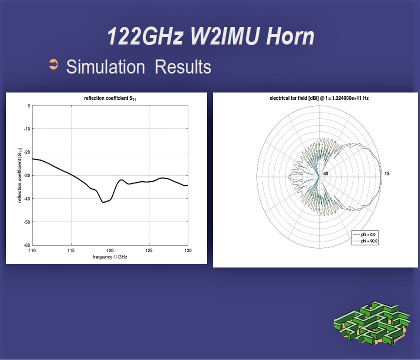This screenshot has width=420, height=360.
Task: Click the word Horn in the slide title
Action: click(290, 36)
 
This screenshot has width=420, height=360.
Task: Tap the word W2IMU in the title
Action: click(225, 36)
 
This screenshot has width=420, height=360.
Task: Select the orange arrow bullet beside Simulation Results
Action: click(53, 64)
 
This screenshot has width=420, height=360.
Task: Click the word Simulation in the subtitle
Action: click(105, 66)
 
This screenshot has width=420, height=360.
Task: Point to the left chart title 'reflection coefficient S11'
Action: click(110, 98)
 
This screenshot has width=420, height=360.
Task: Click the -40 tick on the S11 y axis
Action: click(26, 199)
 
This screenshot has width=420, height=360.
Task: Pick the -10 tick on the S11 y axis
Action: click(26, 129)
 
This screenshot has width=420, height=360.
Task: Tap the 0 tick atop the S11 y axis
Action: click(28, 106)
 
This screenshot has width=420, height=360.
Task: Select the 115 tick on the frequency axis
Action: click(71, 250)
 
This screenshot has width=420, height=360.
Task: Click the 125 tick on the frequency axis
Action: click(149, 250)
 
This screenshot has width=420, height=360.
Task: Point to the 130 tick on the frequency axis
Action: click(188, 250)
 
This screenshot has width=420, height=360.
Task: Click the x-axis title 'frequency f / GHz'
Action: click(110, 257)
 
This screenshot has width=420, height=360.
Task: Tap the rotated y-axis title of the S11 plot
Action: click(19, 175)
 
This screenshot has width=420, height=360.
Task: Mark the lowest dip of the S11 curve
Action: click(103, 202)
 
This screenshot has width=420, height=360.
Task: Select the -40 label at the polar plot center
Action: click(325, 174)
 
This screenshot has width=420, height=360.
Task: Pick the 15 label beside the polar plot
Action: click(387, 174)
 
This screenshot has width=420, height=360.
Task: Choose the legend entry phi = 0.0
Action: click(364, 234)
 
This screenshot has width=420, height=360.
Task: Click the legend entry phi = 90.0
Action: click(365, 241)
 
